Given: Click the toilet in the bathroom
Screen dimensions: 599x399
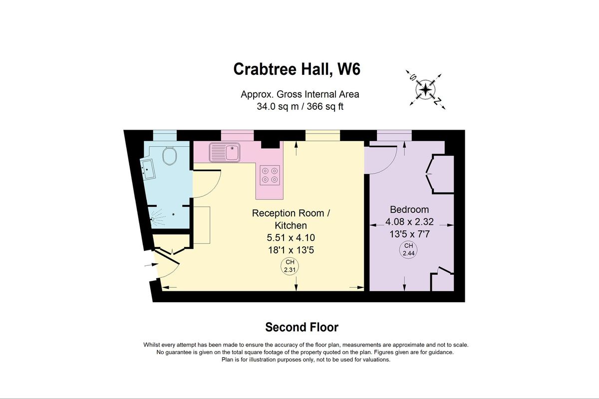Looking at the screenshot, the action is coord(170,156).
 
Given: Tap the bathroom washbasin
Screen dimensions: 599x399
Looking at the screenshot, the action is coord(148,169).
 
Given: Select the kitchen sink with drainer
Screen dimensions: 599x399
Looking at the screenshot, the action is coord(225,152).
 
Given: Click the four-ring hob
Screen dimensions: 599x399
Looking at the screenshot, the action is coord(270,175).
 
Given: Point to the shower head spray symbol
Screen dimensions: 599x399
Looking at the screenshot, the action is coord(158,217).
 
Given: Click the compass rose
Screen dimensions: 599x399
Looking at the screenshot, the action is coord(426,90).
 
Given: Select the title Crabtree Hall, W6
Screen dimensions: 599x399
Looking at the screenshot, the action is coord(297,69).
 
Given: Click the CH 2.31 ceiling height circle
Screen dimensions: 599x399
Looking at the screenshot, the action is coord(290,266).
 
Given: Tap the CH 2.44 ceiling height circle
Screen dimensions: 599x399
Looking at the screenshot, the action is coord(408,250).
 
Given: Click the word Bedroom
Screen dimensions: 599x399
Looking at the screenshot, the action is coord(409,209).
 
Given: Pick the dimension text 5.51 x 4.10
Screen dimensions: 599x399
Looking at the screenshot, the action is coord(291,237).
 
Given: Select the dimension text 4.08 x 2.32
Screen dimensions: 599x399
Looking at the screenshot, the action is coord(409,221).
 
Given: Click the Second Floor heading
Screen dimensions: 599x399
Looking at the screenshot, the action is coord(301,327).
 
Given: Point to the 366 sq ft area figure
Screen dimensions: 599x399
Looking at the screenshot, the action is coord(325,107).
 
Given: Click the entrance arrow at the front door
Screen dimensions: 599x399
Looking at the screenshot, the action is coord(151,264).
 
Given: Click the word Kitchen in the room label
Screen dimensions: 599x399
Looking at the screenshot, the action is coord(291,225).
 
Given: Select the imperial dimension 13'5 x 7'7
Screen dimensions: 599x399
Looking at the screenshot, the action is coord(409,234).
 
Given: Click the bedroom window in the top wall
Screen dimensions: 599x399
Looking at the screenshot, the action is coord(394,136).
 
